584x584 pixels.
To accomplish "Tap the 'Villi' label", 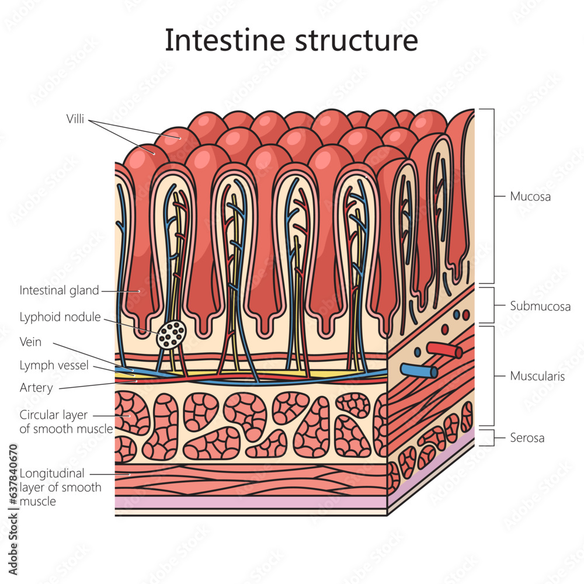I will (x=75, y=120).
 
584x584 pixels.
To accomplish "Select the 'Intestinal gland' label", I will (x=59, y=290).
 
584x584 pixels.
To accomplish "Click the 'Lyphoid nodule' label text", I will (x=60, y=317).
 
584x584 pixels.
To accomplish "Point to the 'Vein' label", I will (x=30, y=342).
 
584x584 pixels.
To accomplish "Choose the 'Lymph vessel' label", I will (x=54, y=366).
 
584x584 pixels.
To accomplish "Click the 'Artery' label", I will (x=36, y=388).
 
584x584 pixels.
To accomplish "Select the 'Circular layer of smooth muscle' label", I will (x=65, y=422).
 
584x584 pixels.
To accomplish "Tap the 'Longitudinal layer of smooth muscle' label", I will (x=60, y=487).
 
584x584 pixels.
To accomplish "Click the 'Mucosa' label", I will (x=530, y=197).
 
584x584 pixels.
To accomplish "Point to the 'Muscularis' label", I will (x=537, y=376).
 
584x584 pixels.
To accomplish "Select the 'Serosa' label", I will (x=527, y=437).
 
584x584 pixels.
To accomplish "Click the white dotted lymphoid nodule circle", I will (x=172, y=335).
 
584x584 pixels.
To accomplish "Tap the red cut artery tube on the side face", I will (x=445, y=350).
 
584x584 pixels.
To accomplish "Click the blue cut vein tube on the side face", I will (x=419, y=371).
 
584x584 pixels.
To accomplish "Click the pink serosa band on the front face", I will (x=251, y=502).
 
